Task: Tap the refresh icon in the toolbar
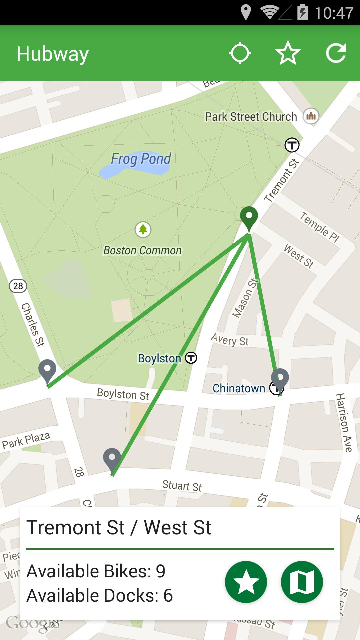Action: (x=336, y=53)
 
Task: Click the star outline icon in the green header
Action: (x=288, y=53)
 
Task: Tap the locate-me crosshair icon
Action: (x=240, y=53)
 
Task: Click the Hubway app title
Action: (x=53, y=54)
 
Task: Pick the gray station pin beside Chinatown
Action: (x=280, y=380)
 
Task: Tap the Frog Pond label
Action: (x=141, y=159)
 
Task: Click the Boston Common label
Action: (x=142, y=251)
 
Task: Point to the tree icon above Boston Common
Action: (x=143, y=229)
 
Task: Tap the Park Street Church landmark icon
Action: (x=311, y=116)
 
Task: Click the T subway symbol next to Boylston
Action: (x=191, y=358)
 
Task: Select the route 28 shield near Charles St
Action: (x=18, y=286)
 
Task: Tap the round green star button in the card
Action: (x=246, y=582)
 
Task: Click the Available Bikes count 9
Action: (x=161, y=571)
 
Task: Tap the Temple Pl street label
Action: (x=319, y=227)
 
